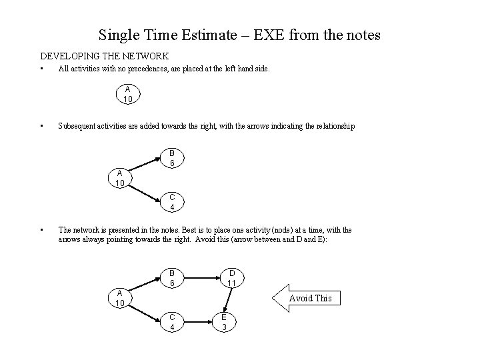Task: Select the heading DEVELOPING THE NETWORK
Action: pos(105,56)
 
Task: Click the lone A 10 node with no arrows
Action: pos(127,95)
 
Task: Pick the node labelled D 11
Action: pos(231,278)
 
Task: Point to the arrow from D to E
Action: pos(227,300)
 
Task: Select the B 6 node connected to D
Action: pos(171,278)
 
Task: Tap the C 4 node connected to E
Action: pos(171,322)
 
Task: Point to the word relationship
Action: pos(333,126)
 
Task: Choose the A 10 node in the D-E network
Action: pos(119,299)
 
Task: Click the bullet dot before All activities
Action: pos(41,68)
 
